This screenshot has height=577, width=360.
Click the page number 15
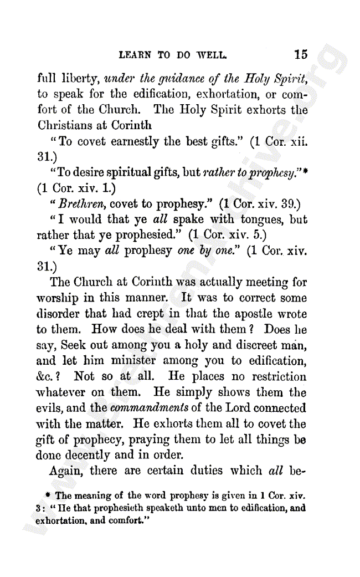(x=301, y=54)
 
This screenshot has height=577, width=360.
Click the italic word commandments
(x=145, y=409)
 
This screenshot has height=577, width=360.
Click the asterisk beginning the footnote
(x=50, y=494)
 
